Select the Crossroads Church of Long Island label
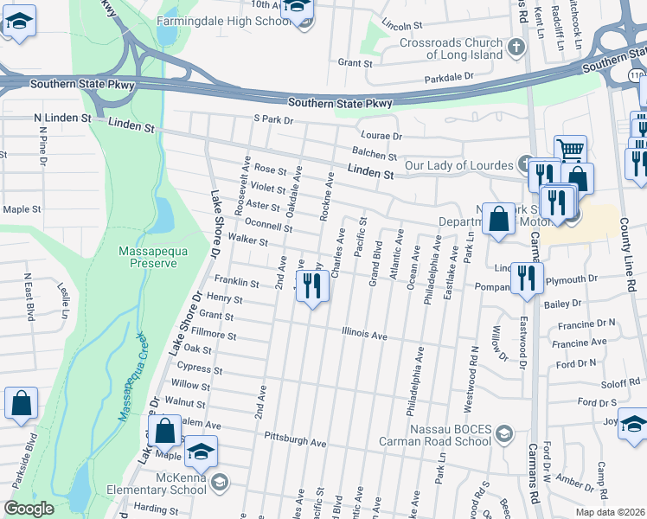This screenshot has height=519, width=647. [x=451, y=49]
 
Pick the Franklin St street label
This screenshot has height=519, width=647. [x=236, y=283]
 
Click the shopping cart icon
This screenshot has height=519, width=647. [x=570, y=151]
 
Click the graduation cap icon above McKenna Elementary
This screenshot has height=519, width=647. [x=201, y=452]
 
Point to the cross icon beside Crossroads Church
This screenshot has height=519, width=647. [x=516, y=46]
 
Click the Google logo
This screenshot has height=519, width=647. [x=29, y=509]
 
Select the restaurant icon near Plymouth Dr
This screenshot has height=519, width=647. [x=526, y=279]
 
